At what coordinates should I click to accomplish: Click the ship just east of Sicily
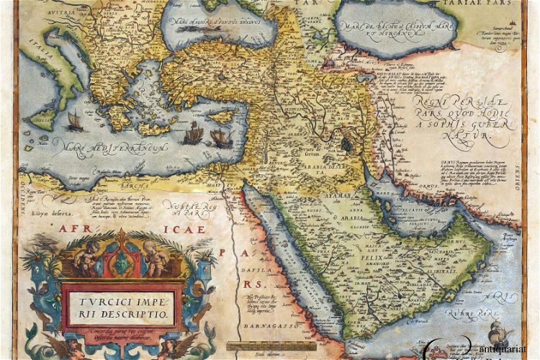[74, 121]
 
